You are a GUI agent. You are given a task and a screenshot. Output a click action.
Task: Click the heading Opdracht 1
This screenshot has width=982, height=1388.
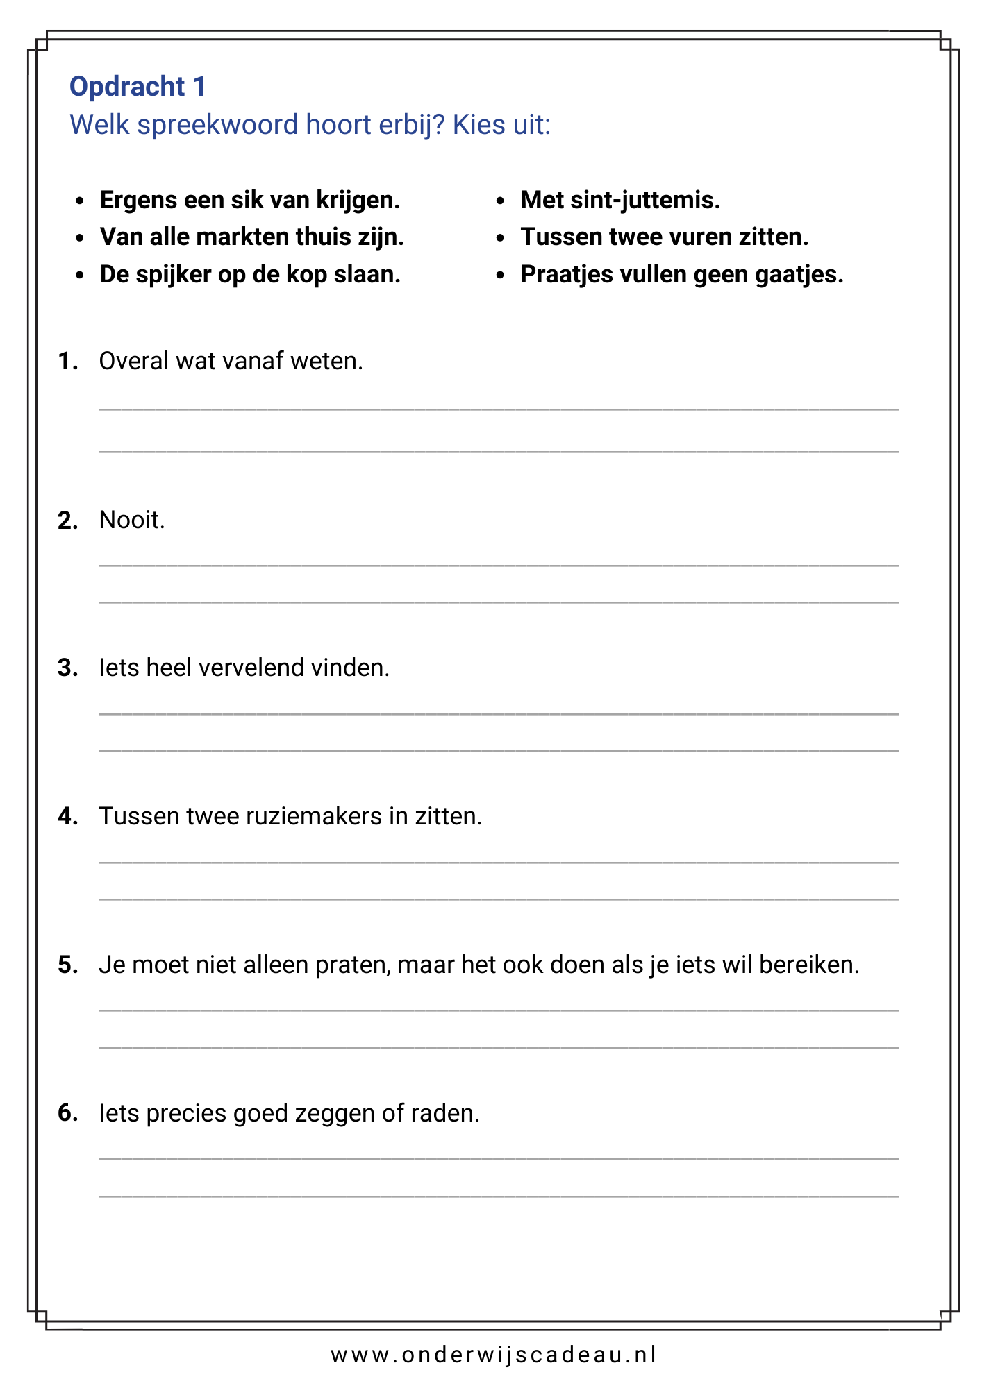tap(138, 87)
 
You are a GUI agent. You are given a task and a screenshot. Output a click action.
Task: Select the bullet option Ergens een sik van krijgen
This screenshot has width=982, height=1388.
tap(250, 201)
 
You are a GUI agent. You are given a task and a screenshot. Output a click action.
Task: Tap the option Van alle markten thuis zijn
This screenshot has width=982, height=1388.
tap(251, 237)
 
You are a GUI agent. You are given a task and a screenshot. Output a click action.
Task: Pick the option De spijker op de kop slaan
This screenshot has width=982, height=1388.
tap(250, 275)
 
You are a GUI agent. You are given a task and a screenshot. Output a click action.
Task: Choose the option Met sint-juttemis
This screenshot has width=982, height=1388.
tap(620, 201)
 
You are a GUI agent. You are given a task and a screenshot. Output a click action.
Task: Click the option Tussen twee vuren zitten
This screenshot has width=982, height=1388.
tap(665, 237)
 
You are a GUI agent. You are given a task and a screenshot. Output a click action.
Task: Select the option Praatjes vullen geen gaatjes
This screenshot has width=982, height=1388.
tap(681, 275)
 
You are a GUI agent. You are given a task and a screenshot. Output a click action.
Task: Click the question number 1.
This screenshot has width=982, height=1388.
tap(67, 362)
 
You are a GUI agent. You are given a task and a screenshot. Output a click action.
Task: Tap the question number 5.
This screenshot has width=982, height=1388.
tap(67, 965)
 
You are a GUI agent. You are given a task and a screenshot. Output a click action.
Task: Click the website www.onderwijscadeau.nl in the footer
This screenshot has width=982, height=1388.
tap(493, 1355)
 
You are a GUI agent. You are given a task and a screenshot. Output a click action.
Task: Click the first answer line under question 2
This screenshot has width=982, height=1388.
tap(498, 566)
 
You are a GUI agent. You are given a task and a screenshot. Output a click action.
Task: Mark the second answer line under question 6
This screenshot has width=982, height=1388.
tap(498, 1196)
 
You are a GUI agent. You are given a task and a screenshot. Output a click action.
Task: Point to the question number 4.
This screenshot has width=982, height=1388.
tap(67, 816)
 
